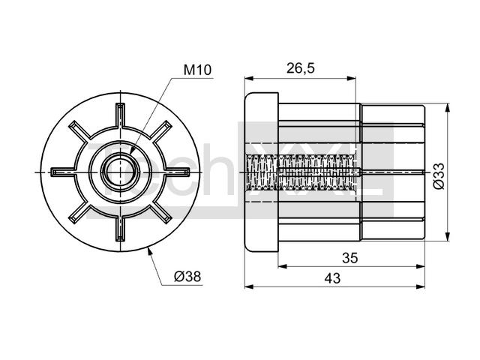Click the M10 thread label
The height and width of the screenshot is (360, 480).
tap(197, 70)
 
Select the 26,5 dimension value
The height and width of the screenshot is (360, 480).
tap(300, 68)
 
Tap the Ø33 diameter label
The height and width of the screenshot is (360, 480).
tap(439, 176)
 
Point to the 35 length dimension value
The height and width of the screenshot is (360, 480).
tap(350, 258)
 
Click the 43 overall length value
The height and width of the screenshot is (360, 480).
tap(332, 278)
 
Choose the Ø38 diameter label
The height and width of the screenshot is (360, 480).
tap(187, 277)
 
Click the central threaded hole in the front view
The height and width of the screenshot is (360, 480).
tap(120, 172)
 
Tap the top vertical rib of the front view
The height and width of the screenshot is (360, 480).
tap(120, 115)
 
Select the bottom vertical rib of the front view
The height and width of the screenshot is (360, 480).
tap(120, 229)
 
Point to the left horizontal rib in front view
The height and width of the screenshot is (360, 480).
tap(63, 172)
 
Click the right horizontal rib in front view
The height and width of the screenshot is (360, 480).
tap(178, 172)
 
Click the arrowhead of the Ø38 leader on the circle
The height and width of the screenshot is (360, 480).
tap(149, 251)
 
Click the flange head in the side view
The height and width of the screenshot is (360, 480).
tap(262, 172)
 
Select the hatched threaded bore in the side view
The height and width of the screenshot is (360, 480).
tap(301, 172)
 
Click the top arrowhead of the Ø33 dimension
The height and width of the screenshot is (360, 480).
tap(448, 108)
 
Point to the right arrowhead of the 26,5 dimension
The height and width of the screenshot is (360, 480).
tap(352, 79)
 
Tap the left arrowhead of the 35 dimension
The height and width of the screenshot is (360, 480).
tap(283, 267)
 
